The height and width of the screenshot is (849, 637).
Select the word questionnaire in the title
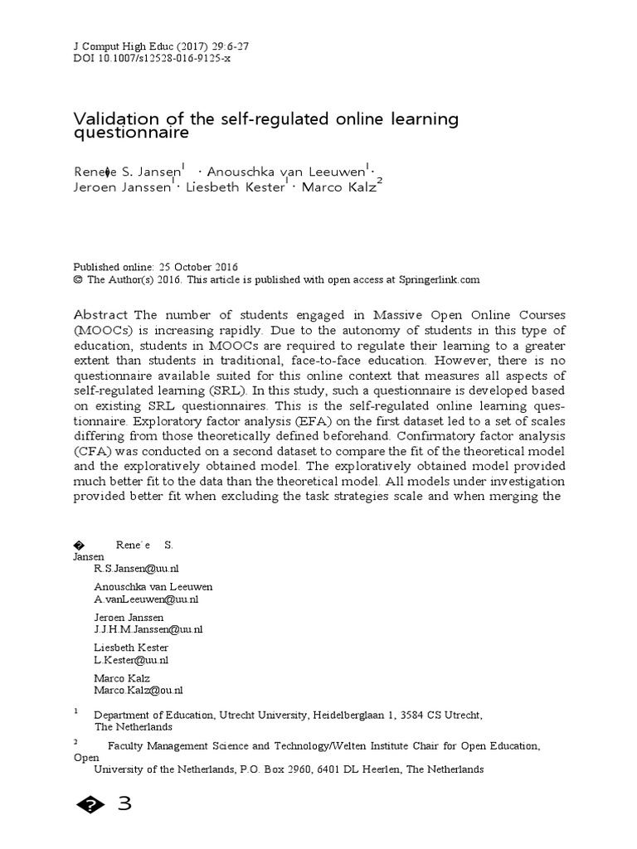tap(132, 133)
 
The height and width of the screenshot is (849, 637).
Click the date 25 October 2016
tap(197, 267)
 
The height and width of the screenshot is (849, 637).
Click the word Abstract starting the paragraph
tap(102, 315)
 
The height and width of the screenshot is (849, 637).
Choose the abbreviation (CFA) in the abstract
tap(98, 451)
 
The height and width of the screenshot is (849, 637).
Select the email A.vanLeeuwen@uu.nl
tap(146, 599)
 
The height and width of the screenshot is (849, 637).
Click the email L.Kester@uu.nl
tap(131, 660)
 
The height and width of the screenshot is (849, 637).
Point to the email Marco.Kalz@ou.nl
tap(139, 690)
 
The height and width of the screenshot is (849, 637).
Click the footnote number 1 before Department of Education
tap(76, 711)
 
